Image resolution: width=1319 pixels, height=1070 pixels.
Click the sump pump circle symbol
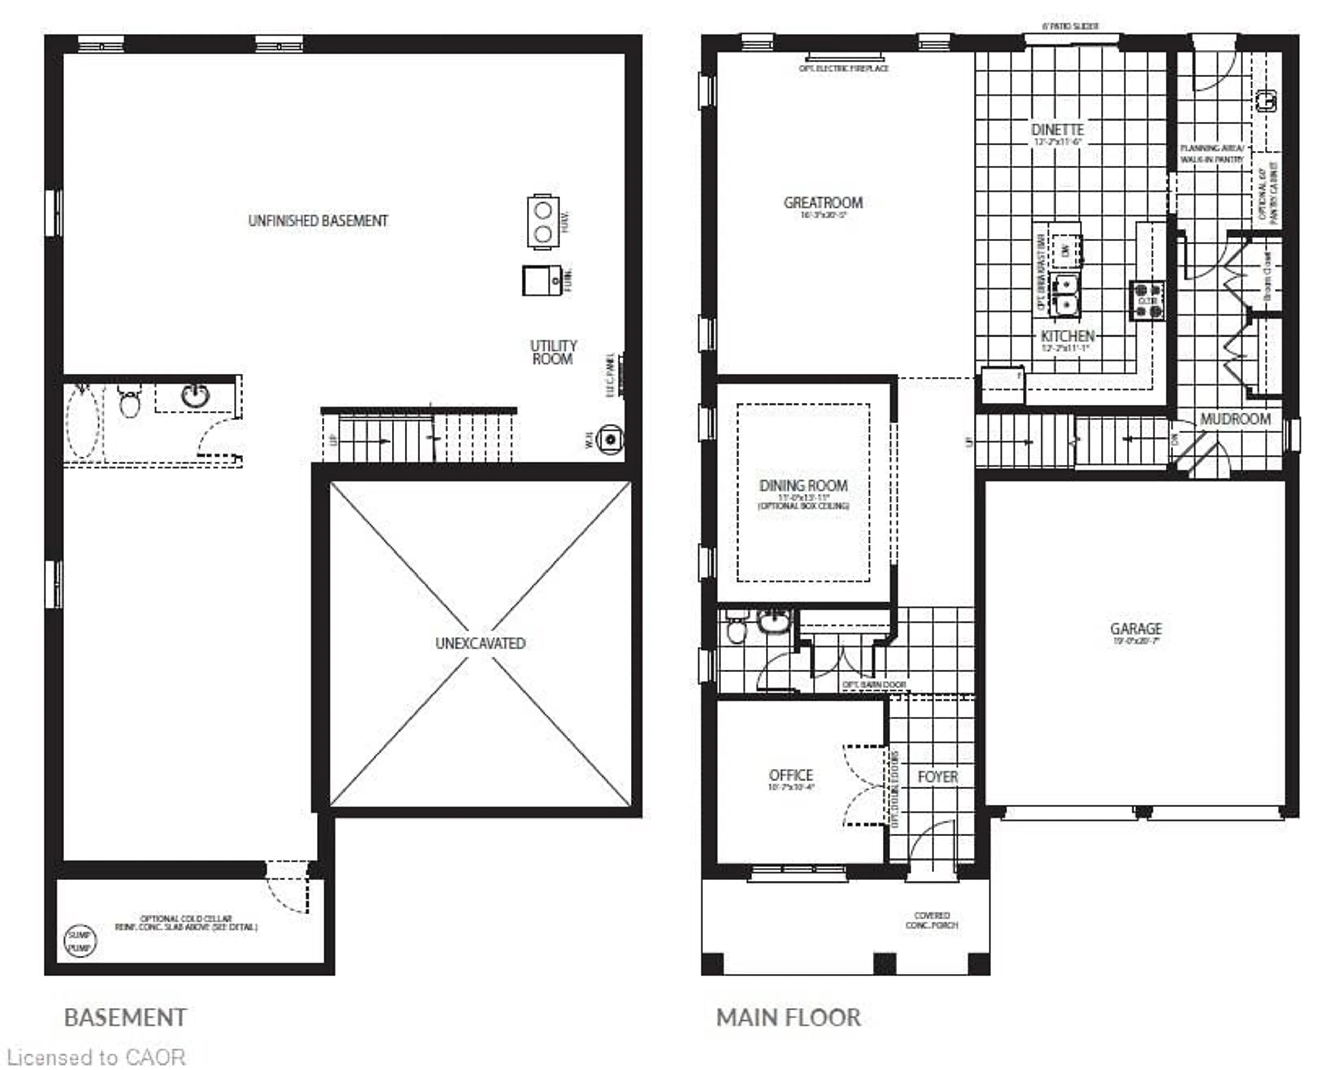coord(80,941)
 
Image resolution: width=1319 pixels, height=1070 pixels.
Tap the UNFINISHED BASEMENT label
coord(318,221)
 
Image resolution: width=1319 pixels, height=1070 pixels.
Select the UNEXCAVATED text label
coord(480,643)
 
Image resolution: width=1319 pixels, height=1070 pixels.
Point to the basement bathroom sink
coord(195,395)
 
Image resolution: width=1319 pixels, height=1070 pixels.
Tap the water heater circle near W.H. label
coord(610,440)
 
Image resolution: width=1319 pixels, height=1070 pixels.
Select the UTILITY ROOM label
coord(553,352)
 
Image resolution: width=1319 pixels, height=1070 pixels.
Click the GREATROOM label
coord(823,203)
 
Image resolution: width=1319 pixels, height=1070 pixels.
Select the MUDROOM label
coord(1235,419)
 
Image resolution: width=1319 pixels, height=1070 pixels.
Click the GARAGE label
coord(1135,629)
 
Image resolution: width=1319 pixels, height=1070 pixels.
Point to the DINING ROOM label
coord(803,486)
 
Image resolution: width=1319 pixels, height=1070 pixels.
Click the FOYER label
coord(937,777)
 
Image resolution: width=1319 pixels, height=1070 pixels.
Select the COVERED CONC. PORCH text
coord(931,920)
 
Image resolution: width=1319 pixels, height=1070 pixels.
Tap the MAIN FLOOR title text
coord(788,1017)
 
